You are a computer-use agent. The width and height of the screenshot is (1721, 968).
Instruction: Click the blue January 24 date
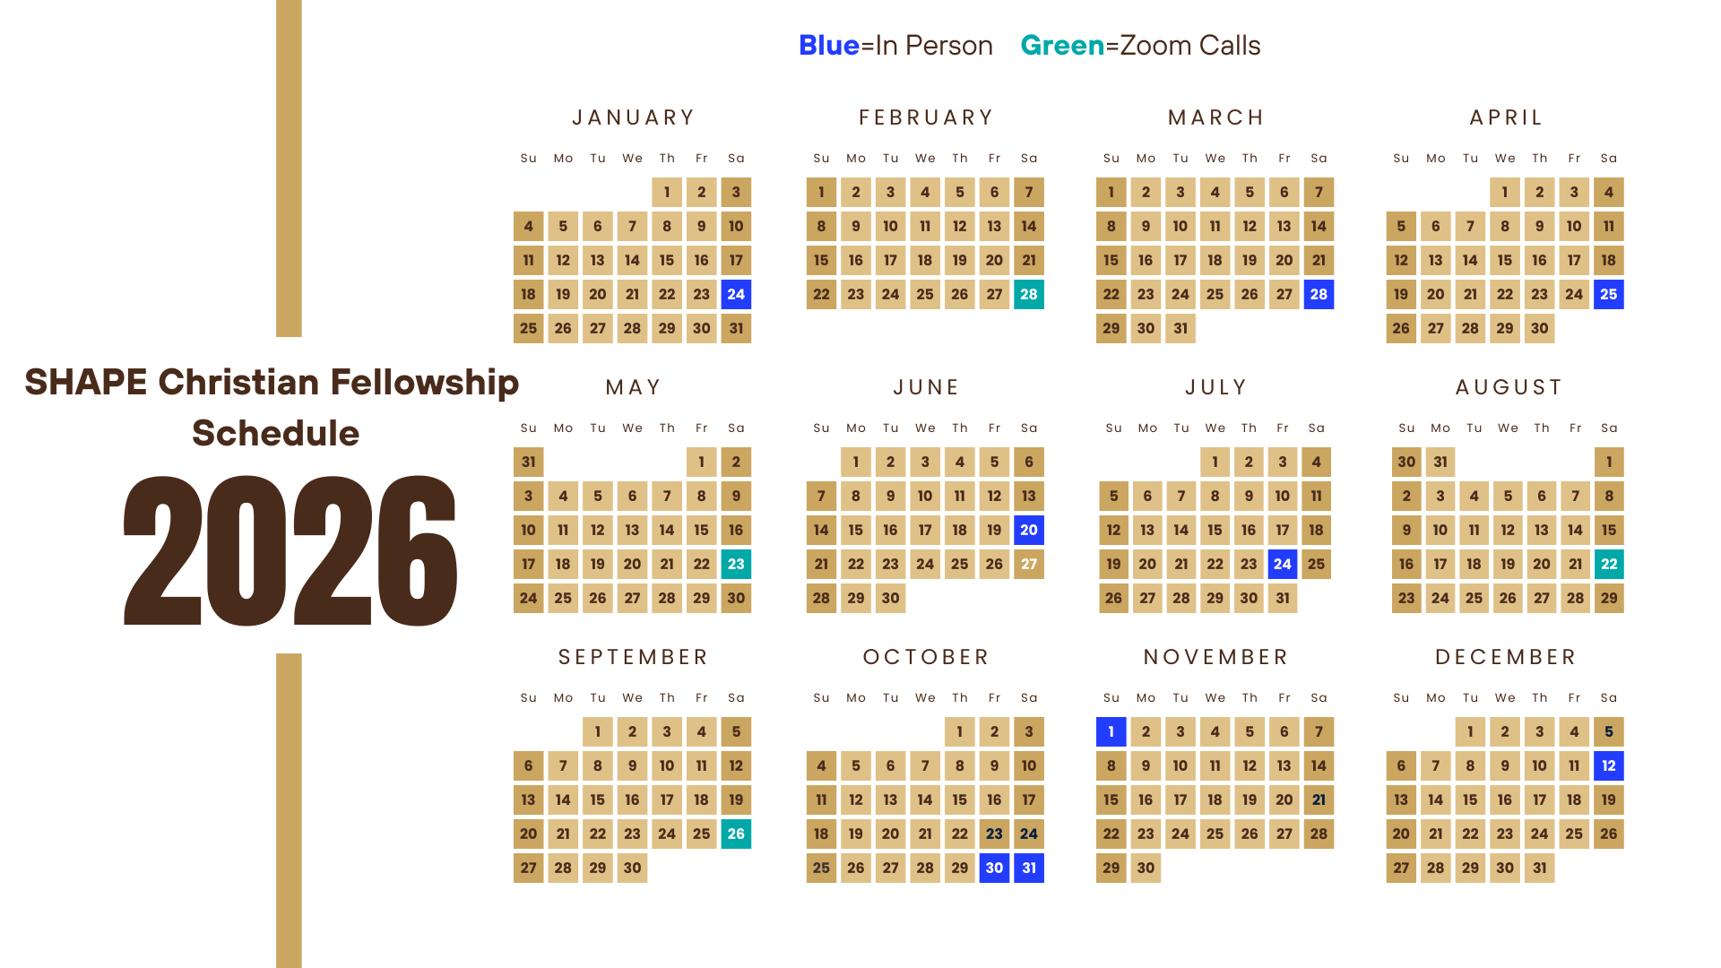point(736,294)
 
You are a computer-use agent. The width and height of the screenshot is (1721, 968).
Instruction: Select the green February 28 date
point(1029,294)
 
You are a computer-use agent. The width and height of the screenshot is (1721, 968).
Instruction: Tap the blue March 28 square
point(1319,294)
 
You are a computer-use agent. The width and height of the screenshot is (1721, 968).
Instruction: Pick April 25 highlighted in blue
point(1609,294)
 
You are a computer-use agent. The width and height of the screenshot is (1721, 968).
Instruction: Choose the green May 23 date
point(736,564)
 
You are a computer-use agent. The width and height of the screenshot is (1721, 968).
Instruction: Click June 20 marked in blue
point(1029,530)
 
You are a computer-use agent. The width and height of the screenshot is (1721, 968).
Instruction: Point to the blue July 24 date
point(1283,564)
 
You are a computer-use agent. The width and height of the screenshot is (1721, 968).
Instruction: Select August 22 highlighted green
point(1609,564)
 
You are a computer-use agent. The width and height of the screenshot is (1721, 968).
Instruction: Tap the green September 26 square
point(736,834)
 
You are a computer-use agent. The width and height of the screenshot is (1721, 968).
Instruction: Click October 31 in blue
point(1029,868)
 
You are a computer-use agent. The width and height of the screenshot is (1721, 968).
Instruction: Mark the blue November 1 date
point(1111,731)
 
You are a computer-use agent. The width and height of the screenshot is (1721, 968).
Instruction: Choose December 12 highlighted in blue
point(1609,765)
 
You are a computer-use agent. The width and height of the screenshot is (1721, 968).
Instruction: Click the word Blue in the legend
point(829,46)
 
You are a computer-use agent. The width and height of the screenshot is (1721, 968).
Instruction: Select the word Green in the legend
point(1062,46)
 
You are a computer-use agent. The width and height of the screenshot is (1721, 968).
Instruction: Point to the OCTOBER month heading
point(926,657)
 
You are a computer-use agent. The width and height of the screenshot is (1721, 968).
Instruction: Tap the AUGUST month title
point(1509,387)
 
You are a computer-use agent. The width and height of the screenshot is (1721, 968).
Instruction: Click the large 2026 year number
point(290,549)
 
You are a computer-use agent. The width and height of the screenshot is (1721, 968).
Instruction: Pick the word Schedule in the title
point(275,433)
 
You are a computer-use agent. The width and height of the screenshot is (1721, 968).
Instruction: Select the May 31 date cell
point(529,462)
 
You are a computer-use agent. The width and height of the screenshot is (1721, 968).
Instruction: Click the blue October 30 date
point(994,868)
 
